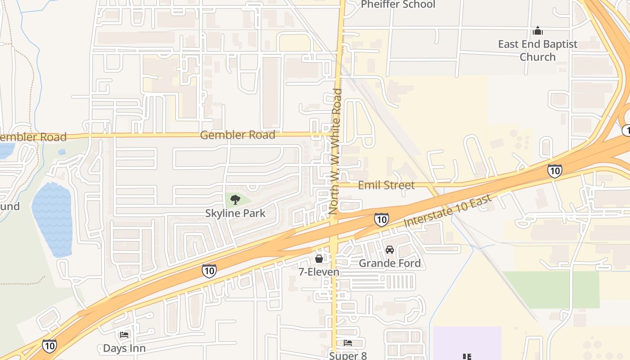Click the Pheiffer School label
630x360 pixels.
[x=398, y=4]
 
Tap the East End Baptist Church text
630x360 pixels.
[x=538, y=50]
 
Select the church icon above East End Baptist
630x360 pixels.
[x=538, y=31]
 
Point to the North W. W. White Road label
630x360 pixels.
[x=336, y=151]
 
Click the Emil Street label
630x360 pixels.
[x=386, y=185]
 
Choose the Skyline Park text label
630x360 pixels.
[x=235, y=213]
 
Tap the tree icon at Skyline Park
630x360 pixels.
[x=235, y=199]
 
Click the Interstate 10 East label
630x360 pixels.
[x=446, y=208]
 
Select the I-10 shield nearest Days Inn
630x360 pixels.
[x=49, y=346]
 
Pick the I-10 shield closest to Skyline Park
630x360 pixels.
[x=209, y=270]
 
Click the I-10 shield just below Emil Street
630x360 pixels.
[x=381, y=219]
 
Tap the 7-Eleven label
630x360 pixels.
[x=319, y=272]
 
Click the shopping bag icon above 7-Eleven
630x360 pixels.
[x=319, y=259]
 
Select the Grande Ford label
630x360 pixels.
[x=390, y=263]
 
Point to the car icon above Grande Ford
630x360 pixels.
[x=390, y=250]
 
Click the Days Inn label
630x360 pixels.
[x=124, y=348]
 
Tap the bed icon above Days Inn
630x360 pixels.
[x=124, y=335]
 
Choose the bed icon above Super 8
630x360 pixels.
[x=348, y=343]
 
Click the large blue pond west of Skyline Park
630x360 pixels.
[x=53, y=218]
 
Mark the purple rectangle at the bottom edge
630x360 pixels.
[x=467, y=343]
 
